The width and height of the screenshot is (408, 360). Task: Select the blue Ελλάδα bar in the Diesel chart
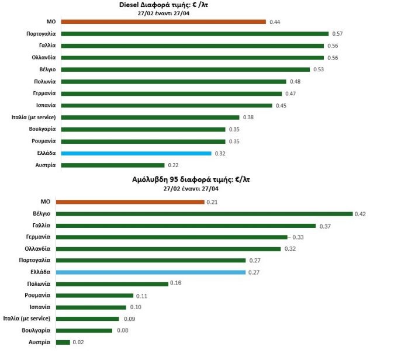coord(136,153)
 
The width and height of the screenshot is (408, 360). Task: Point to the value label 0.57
coord(337,34)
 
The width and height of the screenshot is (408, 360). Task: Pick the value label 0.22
coord(173,165)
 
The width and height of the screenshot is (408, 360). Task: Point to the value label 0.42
coord(361,214)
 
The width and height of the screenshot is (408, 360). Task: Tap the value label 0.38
coord(247,117)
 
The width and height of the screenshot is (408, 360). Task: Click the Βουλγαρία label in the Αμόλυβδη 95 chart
coord(37,331)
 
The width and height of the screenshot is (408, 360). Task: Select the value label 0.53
coord(318,70)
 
